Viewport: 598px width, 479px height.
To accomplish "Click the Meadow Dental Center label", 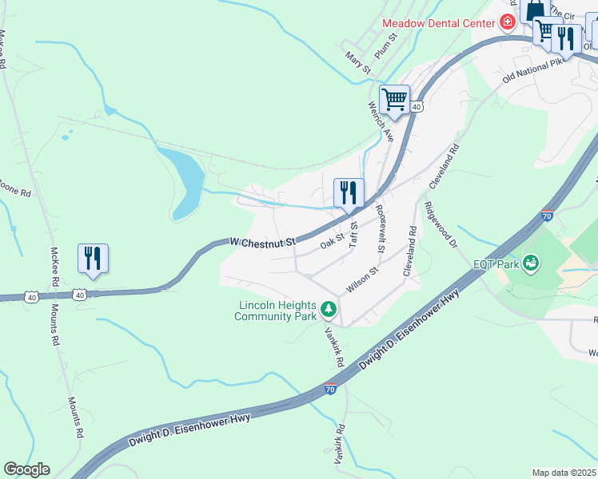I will [438, 23].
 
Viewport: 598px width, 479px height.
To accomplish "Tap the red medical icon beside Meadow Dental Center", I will [507, 22].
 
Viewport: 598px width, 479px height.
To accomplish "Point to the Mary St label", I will [358, 64].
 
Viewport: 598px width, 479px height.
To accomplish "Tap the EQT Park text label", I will [496, 263].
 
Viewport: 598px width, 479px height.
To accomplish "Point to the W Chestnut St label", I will [262, 240].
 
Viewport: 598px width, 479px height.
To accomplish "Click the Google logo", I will [26, 469].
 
